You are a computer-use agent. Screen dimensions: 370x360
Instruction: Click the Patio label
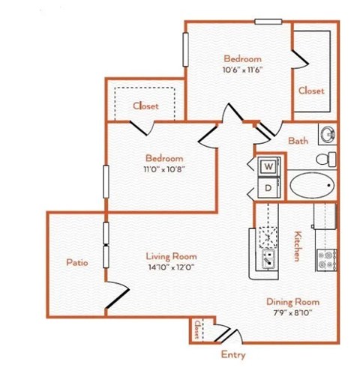pyautogui.click(x=76, y=263)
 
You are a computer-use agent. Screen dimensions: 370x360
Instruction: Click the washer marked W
pyautogui.click(x=267, y=166)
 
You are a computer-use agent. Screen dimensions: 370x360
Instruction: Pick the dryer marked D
pyautogui.click(x=267, y=187)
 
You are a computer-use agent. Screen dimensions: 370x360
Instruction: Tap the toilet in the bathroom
pyautogui.click(x=326, y=159)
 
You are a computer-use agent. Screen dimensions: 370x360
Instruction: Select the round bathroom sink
pyautogui.click(x=327, y=135)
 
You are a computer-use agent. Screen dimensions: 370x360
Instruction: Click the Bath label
pyautogui.click(x=298, y=140)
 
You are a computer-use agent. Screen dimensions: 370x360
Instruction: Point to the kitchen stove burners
pyautogui.click(x=326, y=259)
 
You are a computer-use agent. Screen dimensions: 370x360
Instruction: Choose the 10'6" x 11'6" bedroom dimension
pyautogui.click(x=242, y=70)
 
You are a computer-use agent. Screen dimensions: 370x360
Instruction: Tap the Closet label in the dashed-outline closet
pyautogui.click(x=145, y=106)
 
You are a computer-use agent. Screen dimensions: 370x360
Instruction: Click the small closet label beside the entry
pyautogui.click(x=198, y=329)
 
